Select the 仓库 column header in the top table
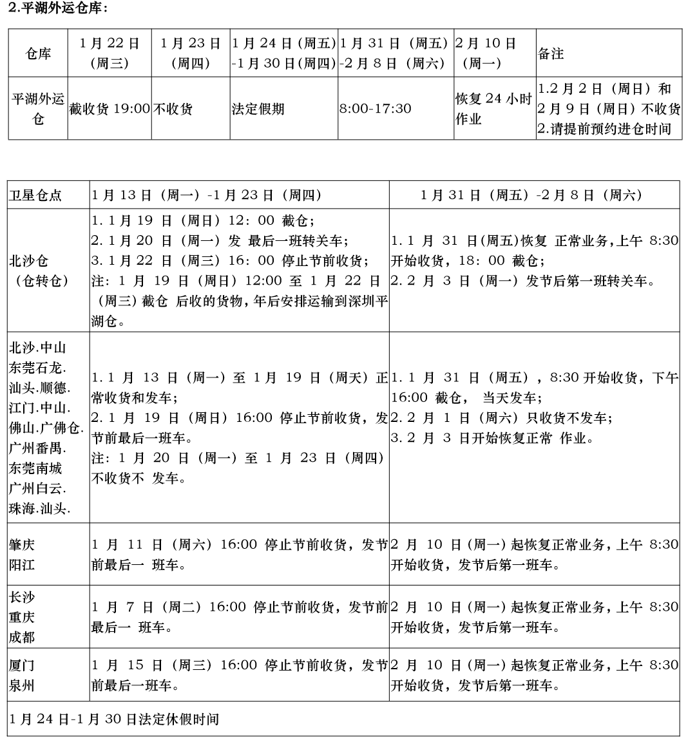click(38, 53)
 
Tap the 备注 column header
click(551, 53)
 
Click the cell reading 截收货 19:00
click(110, 108)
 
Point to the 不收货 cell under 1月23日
click(173, 108)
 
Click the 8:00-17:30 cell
click(375, 108)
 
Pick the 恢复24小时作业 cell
click(493, 108)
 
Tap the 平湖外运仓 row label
click(38, 108)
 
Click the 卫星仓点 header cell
click(35, 195)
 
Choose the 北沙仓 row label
click(28, 261)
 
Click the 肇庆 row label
click(22, 544)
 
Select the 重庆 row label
click(22, 617)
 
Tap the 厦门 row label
click(22, 665)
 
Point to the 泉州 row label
click(22, 685)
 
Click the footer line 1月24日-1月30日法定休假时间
click(114, 718)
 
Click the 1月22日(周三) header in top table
click(110, 53)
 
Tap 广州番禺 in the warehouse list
click(37, 448)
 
